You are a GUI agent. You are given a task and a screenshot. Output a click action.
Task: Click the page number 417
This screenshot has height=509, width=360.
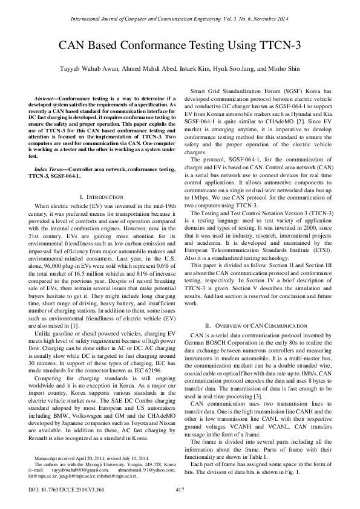pos(180,488)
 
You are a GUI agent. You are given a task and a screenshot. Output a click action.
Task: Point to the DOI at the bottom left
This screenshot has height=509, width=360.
pos(60,488)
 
